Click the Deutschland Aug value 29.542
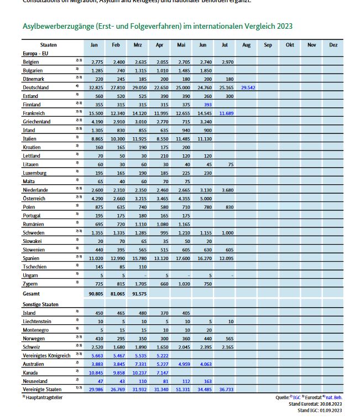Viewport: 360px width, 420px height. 247,87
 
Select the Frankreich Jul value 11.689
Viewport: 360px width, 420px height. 225,113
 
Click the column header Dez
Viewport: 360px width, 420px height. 333,44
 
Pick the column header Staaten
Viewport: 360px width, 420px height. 49,44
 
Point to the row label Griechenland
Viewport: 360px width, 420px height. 36,121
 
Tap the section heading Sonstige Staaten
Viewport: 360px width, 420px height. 41,304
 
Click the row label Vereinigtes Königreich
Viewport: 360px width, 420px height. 46,355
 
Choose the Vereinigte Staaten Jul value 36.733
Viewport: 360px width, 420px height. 225,390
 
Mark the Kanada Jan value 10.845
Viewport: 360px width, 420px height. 97,372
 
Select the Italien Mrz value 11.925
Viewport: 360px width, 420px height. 139,138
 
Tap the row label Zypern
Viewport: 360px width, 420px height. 30,283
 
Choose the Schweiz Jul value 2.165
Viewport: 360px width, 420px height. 225,346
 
